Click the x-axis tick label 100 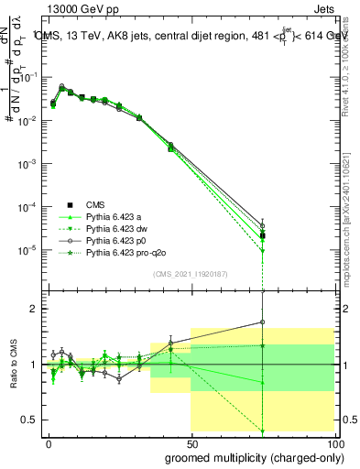pos(332,443)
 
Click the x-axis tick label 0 pos(49,443)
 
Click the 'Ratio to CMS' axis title pos(12,364)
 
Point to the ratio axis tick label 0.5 pos(29,420)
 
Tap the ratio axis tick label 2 pos(33,309)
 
